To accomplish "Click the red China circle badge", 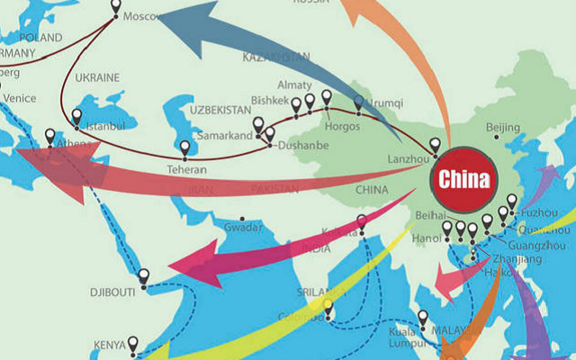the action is (464, 178).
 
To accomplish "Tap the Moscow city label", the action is (140, 17).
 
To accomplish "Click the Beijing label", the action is (502, 127).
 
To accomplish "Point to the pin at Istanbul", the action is (76, 117).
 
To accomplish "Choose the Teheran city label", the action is (186, 169).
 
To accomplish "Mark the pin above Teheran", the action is (185, 147).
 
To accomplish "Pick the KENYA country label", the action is (112, 344).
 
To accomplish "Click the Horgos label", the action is (342, 127).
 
